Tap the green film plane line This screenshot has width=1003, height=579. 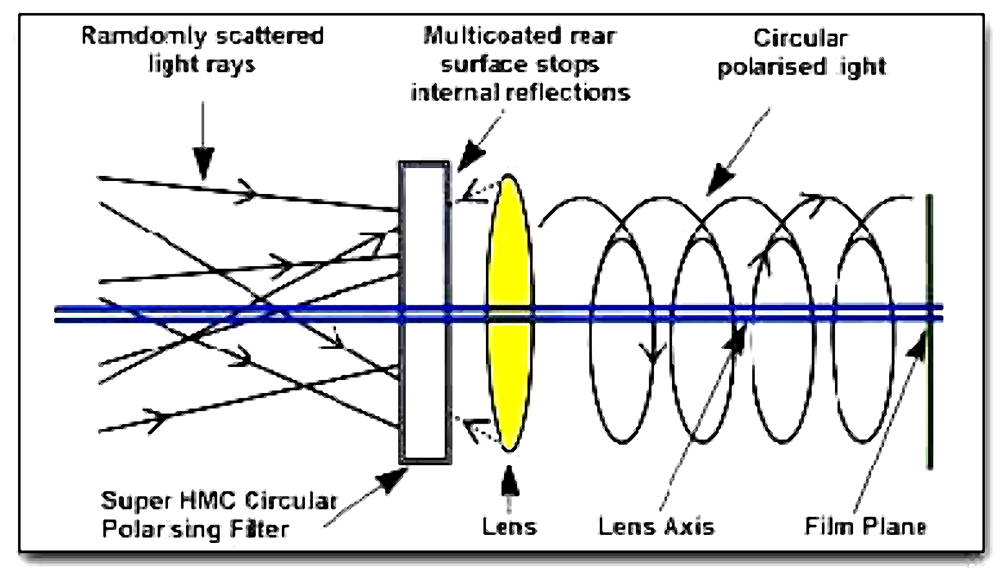[x=929, y=401]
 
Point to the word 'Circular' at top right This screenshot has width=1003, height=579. [x=800, y=39]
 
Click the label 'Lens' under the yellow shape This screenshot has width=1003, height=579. [x=510, y=526]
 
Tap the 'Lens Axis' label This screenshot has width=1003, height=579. [x=656, y=526]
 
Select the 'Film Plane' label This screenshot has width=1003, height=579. [x=866, y=526]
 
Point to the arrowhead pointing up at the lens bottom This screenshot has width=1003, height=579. [x=510, y=481]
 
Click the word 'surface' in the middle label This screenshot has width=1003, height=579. [x=476, y=65]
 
